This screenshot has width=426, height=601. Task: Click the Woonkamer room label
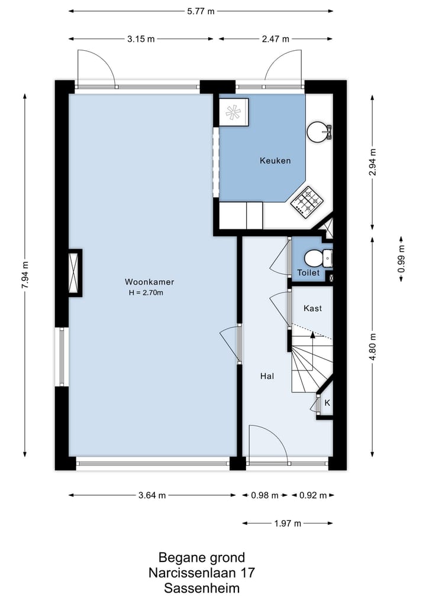149,282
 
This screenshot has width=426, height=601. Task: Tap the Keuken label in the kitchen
275,161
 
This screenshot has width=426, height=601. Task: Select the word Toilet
308,272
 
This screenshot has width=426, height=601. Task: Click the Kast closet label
312,308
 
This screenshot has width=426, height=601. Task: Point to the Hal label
267,376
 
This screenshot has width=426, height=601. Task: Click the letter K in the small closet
327,403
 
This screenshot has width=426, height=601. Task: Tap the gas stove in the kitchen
306,202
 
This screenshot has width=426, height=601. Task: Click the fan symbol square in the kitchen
233,112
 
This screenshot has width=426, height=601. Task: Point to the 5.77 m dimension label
201,11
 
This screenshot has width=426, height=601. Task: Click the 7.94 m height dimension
25,275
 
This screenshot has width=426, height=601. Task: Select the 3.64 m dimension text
152,495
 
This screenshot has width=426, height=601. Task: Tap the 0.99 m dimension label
401,259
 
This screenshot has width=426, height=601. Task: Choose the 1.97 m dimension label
288,523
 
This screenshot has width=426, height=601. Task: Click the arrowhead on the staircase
312,334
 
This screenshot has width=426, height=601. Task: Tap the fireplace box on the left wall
75,273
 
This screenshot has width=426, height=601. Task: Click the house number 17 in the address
247,573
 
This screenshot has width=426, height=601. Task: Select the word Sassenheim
202,588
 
